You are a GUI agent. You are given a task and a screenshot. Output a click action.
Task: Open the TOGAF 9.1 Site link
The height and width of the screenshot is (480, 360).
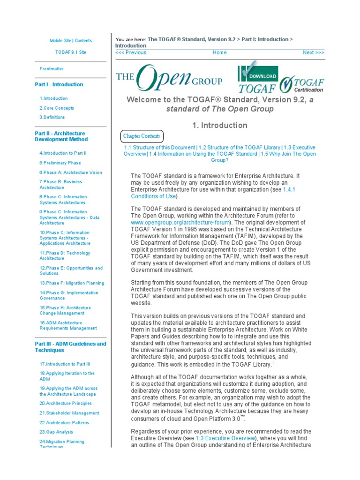[x=70, y=52]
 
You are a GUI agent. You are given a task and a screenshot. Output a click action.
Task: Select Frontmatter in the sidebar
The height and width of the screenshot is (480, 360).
[x=52, y=69]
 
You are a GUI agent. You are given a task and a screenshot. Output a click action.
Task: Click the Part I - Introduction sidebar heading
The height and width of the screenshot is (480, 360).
[x=59, y=84]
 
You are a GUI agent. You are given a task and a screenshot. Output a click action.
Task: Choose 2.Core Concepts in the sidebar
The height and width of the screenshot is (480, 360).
[x=57, y=108]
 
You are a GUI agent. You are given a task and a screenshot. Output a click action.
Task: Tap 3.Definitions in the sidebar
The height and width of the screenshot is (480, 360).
[x=52, y=117]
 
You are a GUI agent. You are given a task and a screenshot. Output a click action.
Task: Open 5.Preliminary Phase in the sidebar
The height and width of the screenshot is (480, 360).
[x=60, y=163]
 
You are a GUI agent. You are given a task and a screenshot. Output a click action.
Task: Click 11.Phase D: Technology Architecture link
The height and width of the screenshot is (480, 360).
[x=65, y=255]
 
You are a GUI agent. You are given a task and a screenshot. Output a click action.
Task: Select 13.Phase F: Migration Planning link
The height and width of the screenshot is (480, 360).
[x=72, y=283]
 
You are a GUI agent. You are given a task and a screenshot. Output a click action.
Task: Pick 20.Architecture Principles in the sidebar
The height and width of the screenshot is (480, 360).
[x=65, y=403]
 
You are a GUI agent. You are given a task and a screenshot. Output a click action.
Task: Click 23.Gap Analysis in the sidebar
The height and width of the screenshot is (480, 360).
[x=56, y=432]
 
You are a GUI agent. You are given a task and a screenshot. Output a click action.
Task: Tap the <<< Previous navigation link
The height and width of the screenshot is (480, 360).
[x=131, y=52]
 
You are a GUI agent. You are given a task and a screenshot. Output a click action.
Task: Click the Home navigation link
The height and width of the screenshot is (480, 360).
[x=219, y=52]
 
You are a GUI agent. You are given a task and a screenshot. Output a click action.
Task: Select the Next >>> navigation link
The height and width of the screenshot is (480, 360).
[x=313, y=52]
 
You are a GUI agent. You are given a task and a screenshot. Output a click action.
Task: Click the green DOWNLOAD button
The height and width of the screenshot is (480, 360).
[x=262, y=76]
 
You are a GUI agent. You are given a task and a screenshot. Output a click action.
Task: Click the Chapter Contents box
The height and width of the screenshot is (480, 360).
[x=142, y=136]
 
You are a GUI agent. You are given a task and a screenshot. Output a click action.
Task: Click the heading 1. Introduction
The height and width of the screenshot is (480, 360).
[x=219, y=125]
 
